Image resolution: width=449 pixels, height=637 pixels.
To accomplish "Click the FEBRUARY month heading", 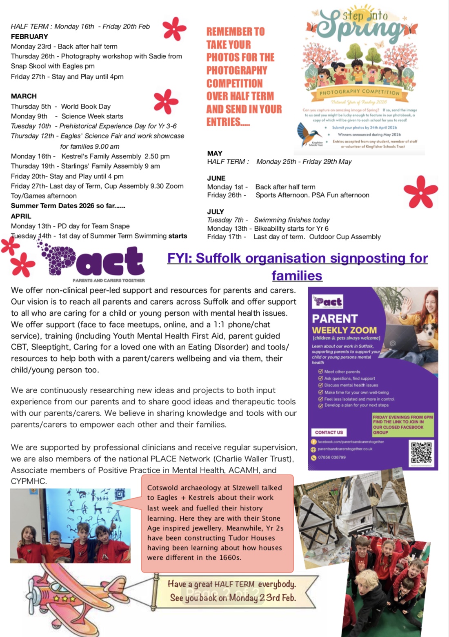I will [x=29, y=36].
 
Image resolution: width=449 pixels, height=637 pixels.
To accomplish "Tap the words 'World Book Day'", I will [x=86, y=107].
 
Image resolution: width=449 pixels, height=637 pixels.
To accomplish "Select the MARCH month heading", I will [x=24, y=96].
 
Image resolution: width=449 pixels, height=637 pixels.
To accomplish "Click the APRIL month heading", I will [x=21, y=216].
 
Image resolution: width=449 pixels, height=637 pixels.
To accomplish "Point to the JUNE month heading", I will [x=216, y=178].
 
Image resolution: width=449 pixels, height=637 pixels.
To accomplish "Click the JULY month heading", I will [x=216, y=212].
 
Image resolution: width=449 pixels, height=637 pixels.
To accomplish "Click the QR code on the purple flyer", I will [x=422, y=453].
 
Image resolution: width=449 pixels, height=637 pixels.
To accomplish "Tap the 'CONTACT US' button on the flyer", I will [x=329, y=432].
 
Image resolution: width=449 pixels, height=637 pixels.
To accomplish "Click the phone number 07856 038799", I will [x=331, y=457].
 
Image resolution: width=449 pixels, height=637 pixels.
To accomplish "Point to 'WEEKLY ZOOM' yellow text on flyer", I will [x=344, y=330].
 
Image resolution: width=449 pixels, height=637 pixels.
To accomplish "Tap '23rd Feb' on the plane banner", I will [x=278, y=598].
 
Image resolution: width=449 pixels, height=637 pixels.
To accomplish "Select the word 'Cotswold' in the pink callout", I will [x=163, y=488].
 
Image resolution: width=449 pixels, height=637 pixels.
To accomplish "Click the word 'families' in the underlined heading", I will [x=297, y=276].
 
